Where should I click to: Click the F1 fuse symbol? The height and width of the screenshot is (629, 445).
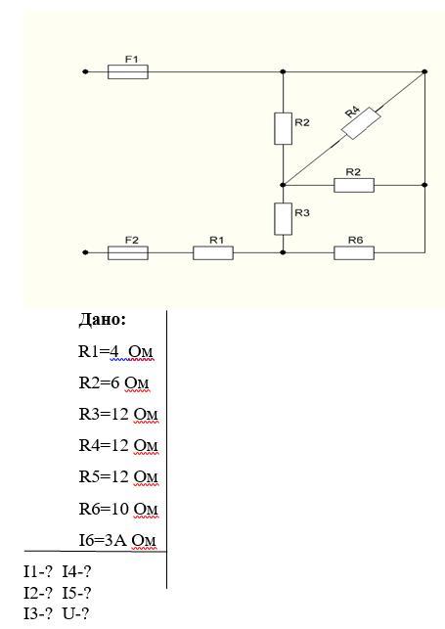[128, 71]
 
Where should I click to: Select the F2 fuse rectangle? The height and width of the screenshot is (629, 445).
[128, 252]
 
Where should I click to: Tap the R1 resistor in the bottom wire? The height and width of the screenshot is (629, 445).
[213, 252]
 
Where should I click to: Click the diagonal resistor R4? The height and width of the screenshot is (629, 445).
[361, 123]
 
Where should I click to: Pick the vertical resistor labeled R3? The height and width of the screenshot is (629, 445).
[283, 218]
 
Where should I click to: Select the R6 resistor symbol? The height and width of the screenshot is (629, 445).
[354, 252]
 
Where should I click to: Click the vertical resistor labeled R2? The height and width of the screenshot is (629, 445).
[283, 128]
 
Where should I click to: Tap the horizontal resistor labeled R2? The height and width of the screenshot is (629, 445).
[354, 185]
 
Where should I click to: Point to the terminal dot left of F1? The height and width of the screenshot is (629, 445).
[85, 71]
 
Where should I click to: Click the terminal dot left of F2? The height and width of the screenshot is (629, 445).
[85, 252]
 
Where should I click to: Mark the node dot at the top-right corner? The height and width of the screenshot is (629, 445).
[424, 71]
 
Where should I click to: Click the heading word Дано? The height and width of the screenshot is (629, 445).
[103, 320]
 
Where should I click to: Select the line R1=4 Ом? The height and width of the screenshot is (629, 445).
[115, 352]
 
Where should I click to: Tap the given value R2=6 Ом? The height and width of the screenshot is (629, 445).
[113, 383]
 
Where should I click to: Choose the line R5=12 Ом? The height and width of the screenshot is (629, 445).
[118, 477]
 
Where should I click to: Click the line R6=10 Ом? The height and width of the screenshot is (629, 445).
[118, 509]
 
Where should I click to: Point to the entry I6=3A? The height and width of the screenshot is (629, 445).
[103, 540]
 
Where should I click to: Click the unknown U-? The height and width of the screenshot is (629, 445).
[75, 614]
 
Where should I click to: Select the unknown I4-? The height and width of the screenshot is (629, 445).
[76, 571]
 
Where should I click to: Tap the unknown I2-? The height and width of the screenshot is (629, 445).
[38, 593]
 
